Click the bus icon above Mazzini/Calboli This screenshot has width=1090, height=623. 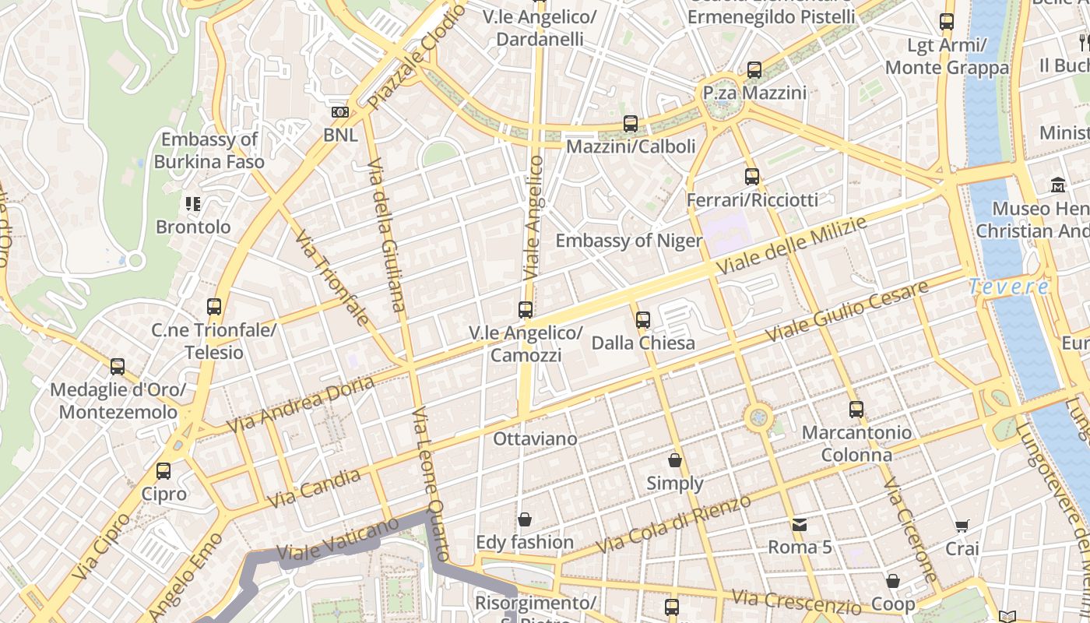631,124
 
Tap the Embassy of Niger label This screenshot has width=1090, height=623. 628,241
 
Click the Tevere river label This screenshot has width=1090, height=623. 1008,287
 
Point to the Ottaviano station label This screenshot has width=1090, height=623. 535,439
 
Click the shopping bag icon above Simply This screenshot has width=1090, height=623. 675,460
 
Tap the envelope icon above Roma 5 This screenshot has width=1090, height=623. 800,524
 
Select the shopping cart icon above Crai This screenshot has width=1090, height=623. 962,526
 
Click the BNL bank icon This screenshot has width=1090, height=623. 340,112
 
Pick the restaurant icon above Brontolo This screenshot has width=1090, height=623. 193,204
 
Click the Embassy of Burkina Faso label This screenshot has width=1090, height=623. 209,151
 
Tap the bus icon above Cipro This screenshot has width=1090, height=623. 163,471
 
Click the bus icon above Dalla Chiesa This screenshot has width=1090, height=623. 643,319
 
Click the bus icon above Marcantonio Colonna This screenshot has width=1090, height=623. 856,409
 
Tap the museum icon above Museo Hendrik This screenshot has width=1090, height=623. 1058,185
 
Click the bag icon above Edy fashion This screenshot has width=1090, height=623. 525,519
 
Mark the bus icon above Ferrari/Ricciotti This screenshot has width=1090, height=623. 751,177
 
